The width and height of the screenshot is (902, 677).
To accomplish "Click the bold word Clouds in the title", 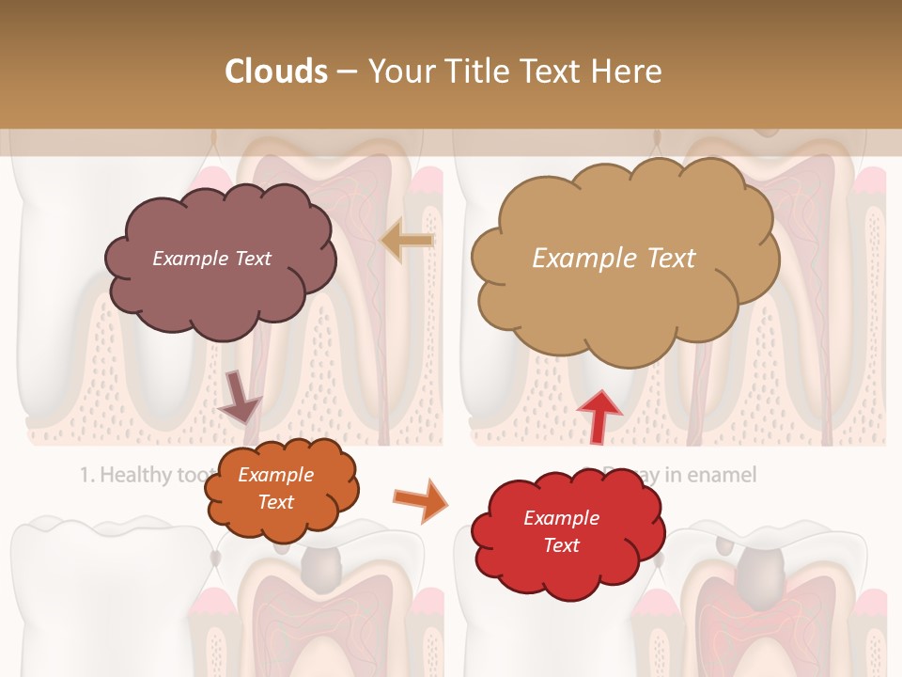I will [276, 71].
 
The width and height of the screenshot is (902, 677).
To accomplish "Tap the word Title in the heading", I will [477, 71].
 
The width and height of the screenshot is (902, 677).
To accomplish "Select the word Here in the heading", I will [629, 71].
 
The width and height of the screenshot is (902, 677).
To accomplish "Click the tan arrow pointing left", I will [407, 241].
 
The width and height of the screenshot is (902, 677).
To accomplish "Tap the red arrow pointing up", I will [599, 416].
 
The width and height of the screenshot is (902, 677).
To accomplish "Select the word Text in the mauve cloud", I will [252, 258].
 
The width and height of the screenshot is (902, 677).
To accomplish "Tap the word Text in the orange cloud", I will [275, 502].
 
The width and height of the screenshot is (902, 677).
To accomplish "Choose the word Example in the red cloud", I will [561, 518].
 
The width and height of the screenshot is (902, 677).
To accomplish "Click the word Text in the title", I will [551, 71].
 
